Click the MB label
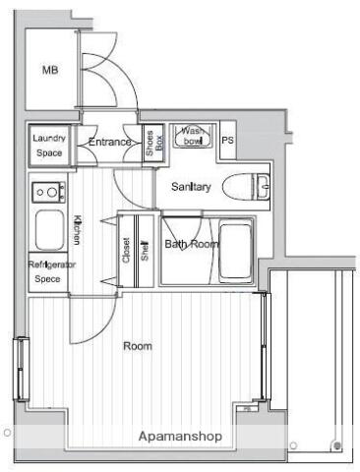[50, 70]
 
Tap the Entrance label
[110, 142]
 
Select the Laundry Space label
[49, 146]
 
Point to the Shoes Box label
[153, 143]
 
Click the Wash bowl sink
[193, 136]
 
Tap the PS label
[227, 141]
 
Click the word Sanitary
[191, 187]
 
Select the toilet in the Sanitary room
[246, 187]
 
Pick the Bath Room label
[192, 244]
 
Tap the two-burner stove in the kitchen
[48, 192]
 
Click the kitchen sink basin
[49, 230]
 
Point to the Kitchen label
[77, 230]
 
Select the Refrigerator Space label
[50, 271]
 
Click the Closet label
[126, 250]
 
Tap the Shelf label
[145, 251]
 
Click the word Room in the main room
[138, 346]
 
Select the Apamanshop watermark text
[180, 437]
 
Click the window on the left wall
[21, 369]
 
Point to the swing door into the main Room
[92, 320]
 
